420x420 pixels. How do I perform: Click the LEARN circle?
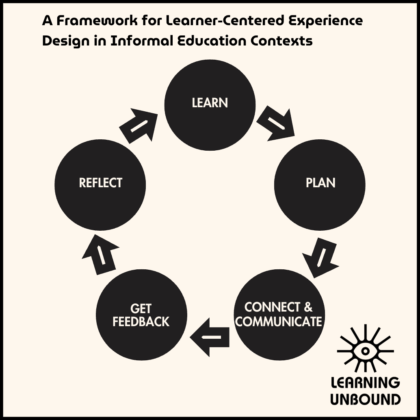coord(210,105)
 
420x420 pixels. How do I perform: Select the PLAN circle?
coord(320,185)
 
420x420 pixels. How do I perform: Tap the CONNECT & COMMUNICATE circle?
coord(279,315)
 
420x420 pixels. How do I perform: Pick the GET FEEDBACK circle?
coord(141,315)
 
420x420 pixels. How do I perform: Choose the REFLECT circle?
coord(100,185)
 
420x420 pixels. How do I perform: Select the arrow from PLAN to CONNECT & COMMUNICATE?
coord(321,258)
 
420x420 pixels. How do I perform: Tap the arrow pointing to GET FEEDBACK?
coord(209,337)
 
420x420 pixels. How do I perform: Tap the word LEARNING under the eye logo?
coord(365,383)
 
